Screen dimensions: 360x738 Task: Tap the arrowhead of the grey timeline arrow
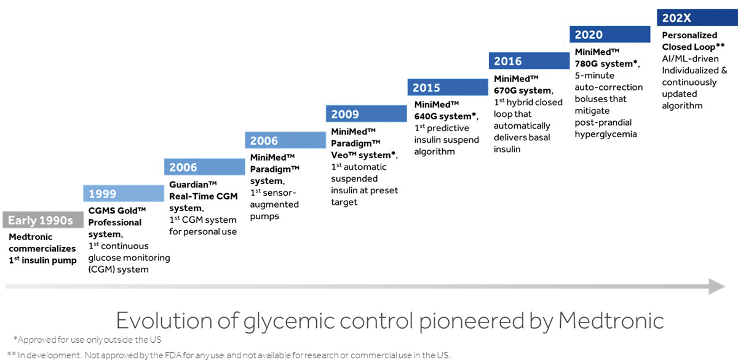pyautogui.click(x=716, y=286)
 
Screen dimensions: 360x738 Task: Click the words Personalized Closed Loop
pyautogui.click(x=690, y=41)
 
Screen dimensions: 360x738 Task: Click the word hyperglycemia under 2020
pyautogui.click(x=606, y=134)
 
